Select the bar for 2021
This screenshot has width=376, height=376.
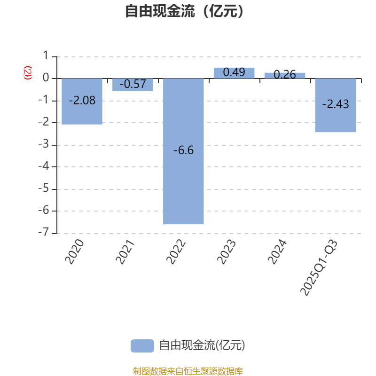coord(133,88)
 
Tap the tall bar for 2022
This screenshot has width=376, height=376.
coord(183,188)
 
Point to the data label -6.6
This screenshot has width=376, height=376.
coord(183,150)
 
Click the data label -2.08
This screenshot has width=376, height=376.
coord(82,100)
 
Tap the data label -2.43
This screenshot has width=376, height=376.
coord(336,104)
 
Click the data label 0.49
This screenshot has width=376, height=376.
coord(234,72)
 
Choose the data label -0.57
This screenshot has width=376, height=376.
coord(133,85)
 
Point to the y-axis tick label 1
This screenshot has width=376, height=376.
coord(46,56)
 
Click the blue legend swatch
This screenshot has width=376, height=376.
coord(142,345)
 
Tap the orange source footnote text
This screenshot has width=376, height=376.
coord(188,371)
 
